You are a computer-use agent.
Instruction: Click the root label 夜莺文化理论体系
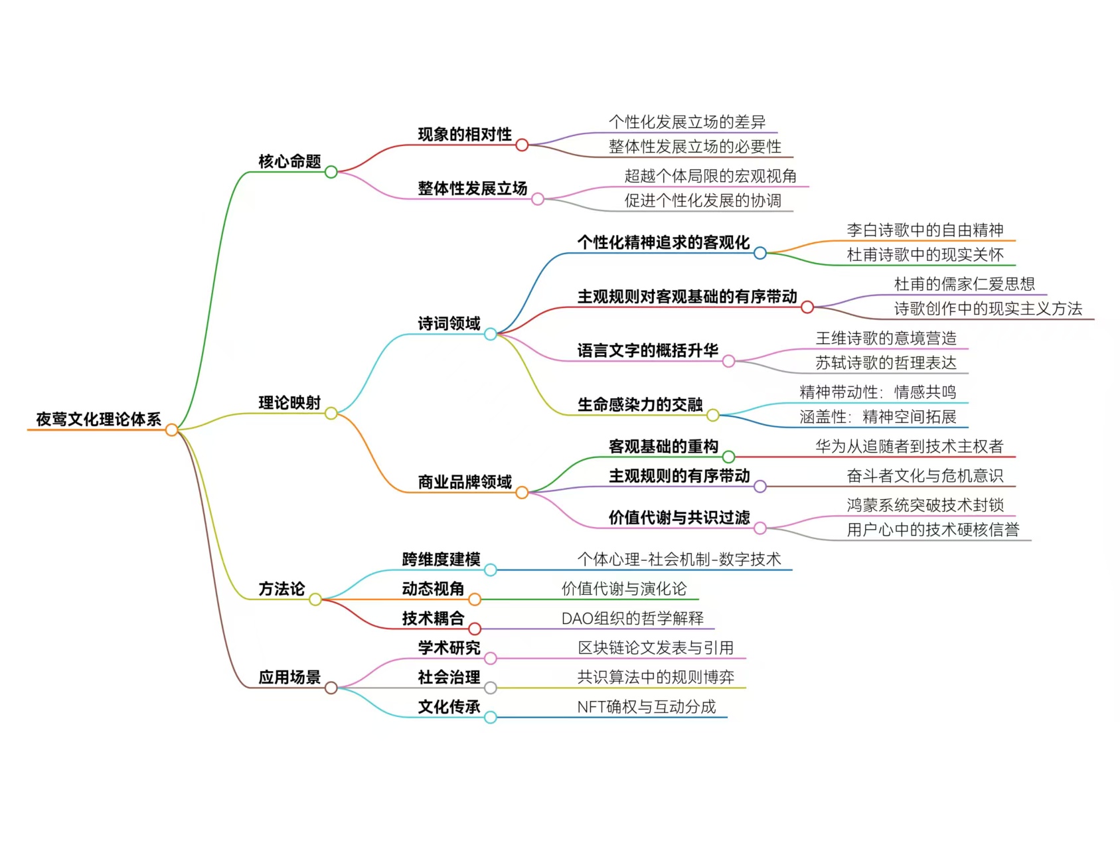pos(98,420)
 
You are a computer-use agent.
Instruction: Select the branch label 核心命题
pos(289,161)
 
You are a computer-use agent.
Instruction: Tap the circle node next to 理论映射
pos(331,414)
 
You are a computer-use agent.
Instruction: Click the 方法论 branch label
pos(281,589)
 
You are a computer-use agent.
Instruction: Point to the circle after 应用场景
pos(331,688)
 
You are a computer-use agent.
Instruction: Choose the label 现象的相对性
pos(465,134)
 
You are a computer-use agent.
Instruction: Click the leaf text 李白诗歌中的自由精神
pos(925,230)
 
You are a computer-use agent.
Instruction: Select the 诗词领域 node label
pos(449,323)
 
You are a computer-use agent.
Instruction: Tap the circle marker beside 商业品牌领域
pos(522,493)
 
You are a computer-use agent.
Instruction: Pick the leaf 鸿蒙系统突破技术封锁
pos(925,505)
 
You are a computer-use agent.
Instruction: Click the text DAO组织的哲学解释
pos(632,619)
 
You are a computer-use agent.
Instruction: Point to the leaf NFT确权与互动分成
pos(646,707)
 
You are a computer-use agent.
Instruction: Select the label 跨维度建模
pos(441,560)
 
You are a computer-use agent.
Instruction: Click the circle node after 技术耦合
pos(475,629)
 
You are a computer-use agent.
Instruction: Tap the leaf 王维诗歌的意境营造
pos(886,339)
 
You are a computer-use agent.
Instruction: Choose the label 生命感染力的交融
pos(639,404)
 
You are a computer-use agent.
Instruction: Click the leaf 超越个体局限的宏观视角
pos(710,176)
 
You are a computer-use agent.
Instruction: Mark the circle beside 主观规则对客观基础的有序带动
pos(807,307)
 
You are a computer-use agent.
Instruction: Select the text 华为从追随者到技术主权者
pos(909,447)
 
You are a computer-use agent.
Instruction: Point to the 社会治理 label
pos(449,677)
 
